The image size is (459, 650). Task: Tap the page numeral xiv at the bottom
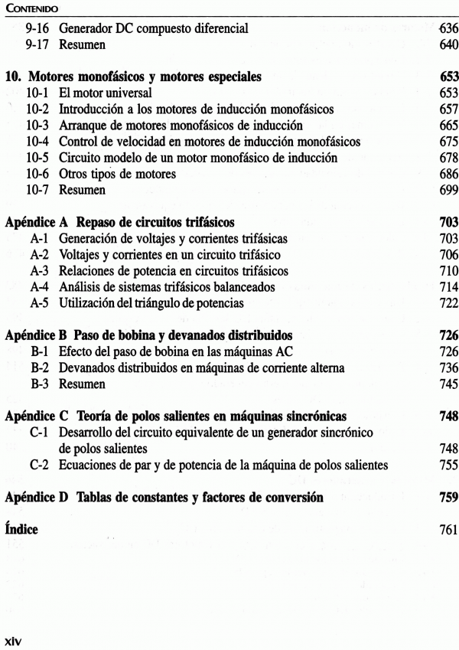pyautogui.click(x=15, y=639)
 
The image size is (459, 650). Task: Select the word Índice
pyautogui.click(x=21, y=529)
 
